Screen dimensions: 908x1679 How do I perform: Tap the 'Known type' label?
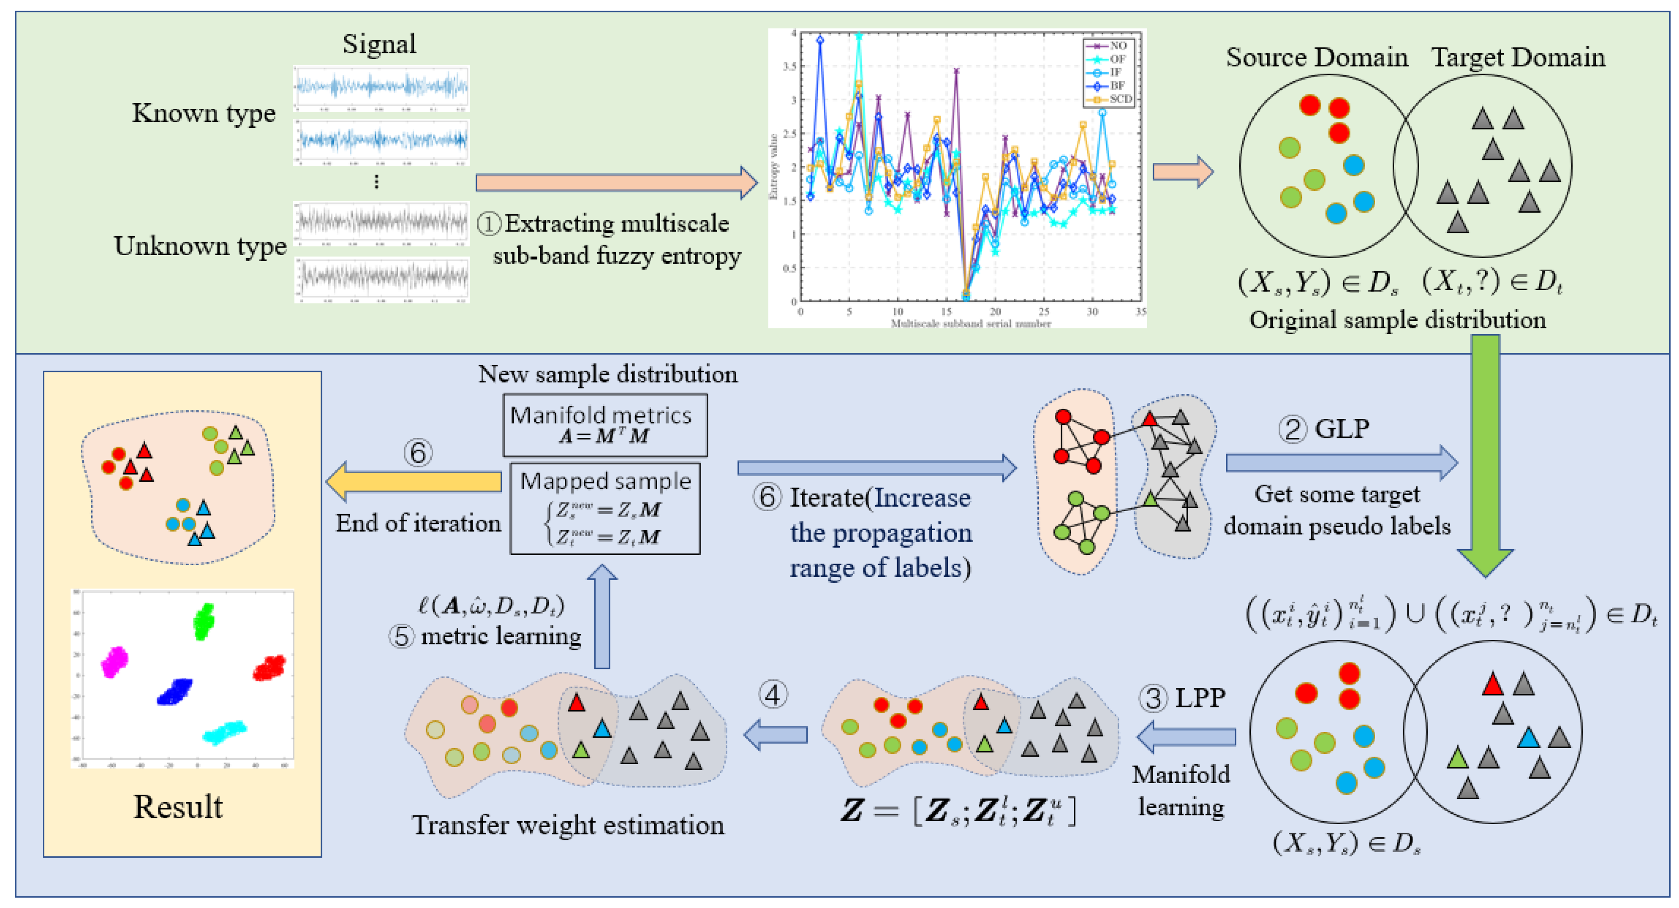[x=204, y=113]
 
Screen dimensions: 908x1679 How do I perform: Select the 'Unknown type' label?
[x=200, y=246]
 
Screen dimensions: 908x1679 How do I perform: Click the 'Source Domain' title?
[x=1317, y=58]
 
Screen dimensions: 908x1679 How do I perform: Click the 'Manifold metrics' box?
[x=604, y=425]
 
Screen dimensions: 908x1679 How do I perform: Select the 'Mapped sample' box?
[x=605, y=509]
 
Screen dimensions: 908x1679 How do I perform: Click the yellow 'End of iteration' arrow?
[x=413, y=482]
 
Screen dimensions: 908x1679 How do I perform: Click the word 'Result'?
[x=178, y=807]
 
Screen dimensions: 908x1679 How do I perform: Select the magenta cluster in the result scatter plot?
[x=115, y=662]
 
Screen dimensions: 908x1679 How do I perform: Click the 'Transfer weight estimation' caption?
[x=568, y=825]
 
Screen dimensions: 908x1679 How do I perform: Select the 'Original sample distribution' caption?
[x=1397, y=320]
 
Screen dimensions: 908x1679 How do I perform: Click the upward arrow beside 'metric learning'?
[x=602, y=616]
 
